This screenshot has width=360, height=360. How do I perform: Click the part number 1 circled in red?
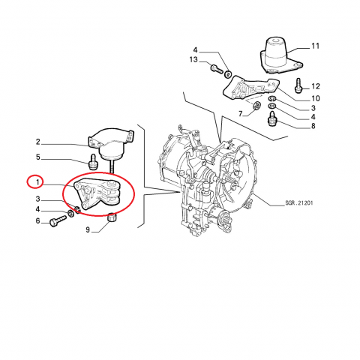point(37,182)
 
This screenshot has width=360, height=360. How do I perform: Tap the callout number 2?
point(37,142)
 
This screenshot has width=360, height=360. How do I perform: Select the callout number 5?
point(37,157)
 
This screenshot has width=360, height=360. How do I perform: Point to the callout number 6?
point(37,220)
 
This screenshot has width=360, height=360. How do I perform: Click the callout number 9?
point(88,229)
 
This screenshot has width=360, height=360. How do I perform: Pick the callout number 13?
point(193,60)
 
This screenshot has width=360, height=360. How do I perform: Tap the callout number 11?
point(316,46)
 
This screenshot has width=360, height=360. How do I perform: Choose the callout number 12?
point(316,86)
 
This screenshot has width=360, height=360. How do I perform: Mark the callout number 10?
point(316,98)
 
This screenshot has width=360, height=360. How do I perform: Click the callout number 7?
point(241,114)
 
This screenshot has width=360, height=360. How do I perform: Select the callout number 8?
point(313,126)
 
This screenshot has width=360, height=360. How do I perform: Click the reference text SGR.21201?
point(299,202)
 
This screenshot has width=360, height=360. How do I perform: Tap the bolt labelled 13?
point(217,68)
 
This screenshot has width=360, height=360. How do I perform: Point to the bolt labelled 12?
point(298,85)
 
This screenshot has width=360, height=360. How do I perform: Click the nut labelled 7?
point(256,105)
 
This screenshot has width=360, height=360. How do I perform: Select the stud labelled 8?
point(272,119)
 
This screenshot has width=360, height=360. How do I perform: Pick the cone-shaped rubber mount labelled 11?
point(279,56)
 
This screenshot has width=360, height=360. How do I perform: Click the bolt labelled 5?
point(93,162)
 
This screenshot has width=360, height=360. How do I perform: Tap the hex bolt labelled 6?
point(58,221)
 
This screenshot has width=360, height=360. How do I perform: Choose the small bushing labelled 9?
point(112,217)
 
